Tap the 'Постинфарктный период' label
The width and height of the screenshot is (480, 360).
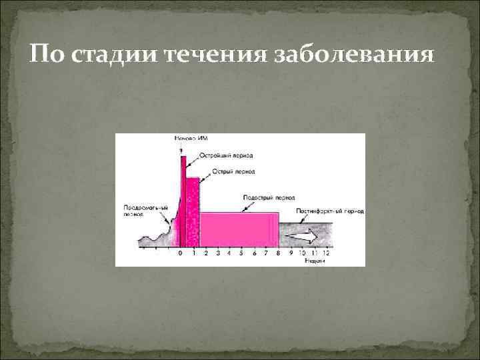330,211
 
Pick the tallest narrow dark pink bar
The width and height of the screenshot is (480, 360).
183,200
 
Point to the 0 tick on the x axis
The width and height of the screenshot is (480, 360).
180,253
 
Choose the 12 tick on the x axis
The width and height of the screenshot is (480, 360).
326,253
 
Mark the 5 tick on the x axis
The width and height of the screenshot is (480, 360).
241,253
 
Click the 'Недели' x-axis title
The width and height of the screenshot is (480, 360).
316,261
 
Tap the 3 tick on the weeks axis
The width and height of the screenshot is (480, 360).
217,253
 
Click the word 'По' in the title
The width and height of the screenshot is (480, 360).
47,54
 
